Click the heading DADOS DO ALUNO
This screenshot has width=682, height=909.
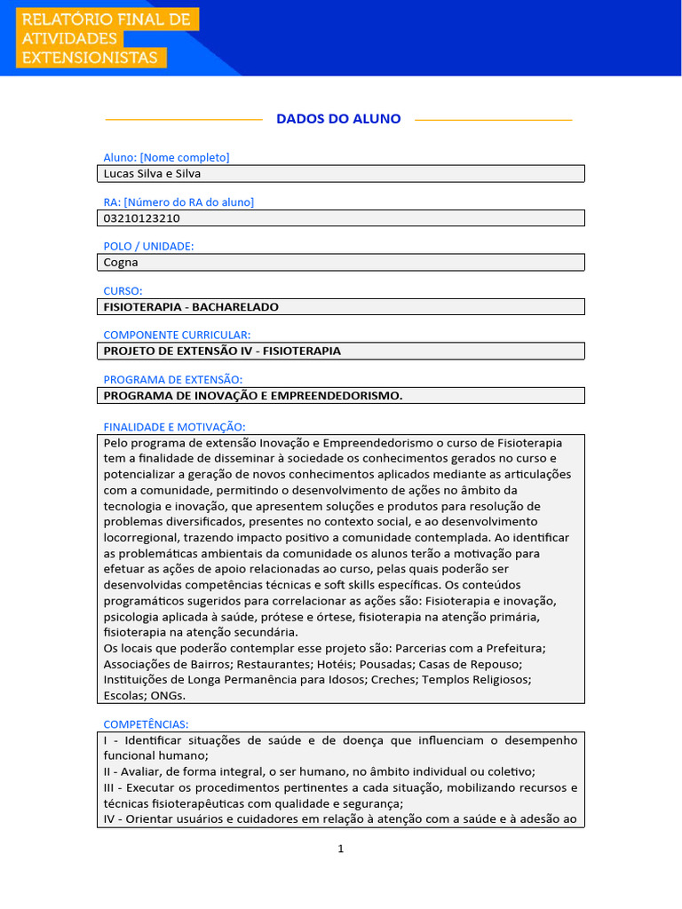[x=338, y=119]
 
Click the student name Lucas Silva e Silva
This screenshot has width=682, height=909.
[x=152, y=174]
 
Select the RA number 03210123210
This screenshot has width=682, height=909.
[x=142, y=218]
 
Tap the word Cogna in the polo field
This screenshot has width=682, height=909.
[x=121, y=263]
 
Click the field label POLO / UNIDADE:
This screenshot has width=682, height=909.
[x=148, y=246]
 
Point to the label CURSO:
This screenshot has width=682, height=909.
[x=123, y=290]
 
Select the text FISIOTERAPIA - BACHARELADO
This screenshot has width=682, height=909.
[x=191, y=307]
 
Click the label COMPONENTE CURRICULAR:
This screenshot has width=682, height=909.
[x=177, y=335]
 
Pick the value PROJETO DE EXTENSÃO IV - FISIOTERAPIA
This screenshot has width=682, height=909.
[x=222, y=352]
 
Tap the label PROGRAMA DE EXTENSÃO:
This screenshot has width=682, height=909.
[x=172, y=379]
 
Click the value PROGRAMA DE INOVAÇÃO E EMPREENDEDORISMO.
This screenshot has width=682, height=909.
[x=253, y=396]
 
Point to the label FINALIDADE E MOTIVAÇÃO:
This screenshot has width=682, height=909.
[x=174, y=427]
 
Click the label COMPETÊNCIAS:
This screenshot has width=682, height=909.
[x=146, y=724]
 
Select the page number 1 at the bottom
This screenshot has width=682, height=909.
[x=341, y=849]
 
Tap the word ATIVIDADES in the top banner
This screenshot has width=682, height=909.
[x=69, y=38]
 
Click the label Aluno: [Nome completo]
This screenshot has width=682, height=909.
[x=166, y=157]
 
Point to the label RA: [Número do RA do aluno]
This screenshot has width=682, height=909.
[x=178, y=202]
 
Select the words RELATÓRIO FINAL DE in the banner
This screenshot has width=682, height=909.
[x=105, y=19]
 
